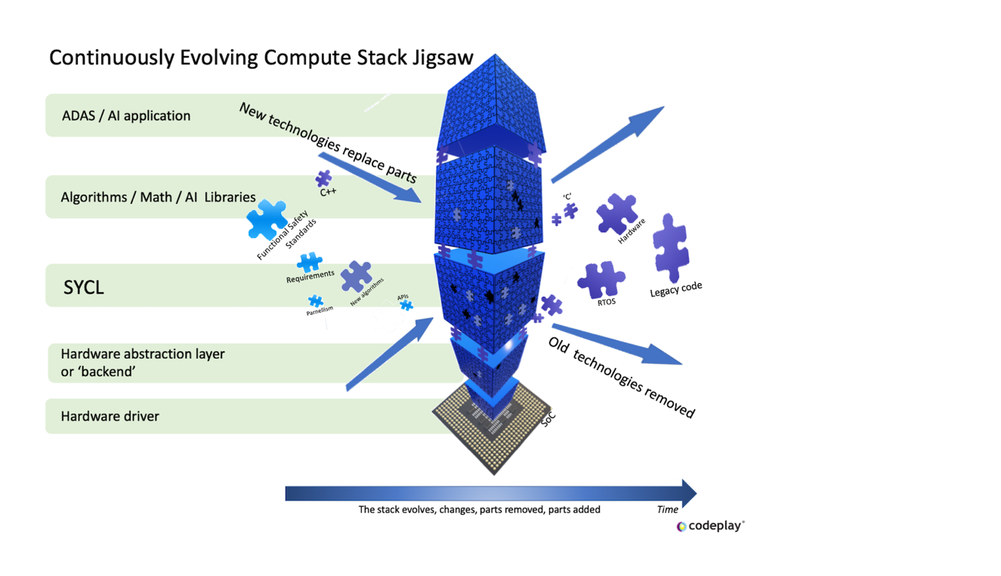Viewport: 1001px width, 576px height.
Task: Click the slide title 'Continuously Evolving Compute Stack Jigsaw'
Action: (261, 57)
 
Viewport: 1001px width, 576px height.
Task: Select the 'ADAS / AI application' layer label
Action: (126, 116)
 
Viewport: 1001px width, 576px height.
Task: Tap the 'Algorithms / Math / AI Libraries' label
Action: (158, 197)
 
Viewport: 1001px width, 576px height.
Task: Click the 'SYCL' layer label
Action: (84, 288)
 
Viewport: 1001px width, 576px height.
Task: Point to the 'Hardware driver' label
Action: (110, 416)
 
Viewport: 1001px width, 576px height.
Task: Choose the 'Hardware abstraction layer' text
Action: (143, 354)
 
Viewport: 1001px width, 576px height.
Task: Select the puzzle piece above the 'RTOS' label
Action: (601, 279)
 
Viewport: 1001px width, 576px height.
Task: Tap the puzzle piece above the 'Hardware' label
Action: (616, 214)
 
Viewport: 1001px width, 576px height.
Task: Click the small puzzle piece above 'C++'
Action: (323, 178)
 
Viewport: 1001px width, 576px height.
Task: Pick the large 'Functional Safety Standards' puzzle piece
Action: (267, 219)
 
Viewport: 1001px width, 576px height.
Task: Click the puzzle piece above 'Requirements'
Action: (309, 262)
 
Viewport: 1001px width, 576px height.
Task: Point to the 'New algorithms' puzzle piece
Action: (356, 277)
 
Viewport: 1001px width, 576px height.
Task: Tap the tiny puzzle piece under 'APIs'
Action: (406, 305)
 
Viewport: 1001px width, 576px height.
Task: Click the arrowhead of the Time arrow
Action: (687, 494)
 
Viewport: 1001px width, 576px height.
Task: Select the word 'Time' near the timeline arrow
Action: (667, 510)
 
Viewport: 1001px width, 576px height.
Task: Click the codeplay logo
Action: (710, 525)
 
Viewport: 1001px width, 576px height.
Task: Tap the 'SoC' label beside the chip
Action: (548, 419)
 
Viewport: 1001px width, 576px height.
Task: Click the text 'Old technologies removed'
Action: (621, 376)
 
